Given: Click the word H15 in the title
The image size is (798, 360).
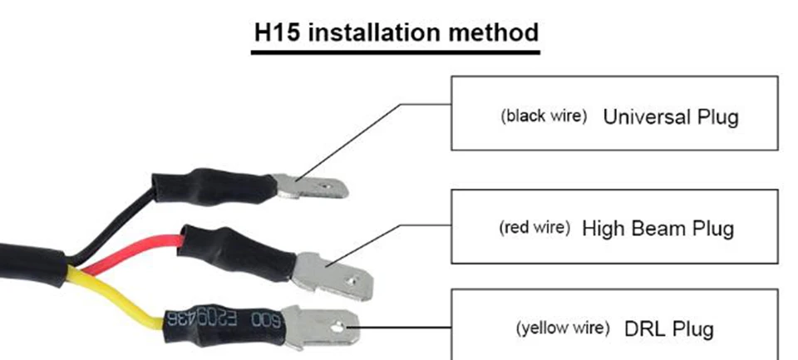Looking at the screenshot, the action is click(277, 32).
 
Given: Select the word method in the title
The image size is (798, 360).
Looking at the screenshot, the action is click(493, 32).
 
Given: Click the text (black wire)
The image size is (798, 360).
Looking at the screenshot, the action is click(544, 116).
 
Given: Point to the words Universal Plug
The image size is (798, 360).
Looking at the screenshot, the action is click(671, 117).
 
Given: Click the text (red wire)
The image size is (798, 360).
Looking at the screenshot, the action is click(534, 227).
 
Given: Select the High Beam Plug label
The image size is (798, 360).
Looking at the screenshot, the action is click(658, 229).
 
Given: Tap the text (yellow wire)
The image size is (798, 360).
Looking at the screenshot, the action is click(563, 328).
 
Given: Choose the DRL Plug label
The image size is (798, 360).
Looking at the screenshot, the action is click(668, 329).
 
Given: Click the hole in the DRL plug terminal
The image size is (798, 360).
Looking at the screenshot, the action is click(337, 328).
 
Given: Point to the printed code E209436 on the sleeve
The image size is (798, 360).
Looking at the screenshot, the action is click(204, 319).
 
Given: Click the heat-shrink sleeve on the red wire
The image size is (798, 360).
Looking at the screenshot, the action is click(237, 253).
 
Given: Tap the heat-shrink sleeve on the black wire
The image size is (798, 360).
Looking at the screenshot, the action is click(214, 187).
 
